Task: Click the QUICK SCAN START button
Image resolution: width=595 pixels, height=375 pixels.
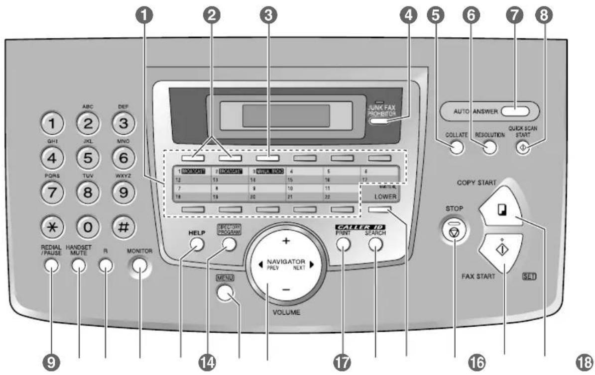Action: pyautogui.click(x=522, y=148)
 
